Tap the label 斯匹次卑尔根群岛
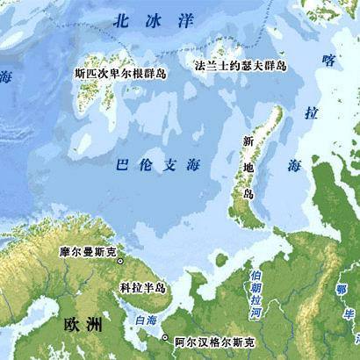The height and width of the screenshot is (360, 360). click(121, 74)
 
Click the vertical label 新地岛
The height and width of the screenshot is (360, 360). click(248, 168)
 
